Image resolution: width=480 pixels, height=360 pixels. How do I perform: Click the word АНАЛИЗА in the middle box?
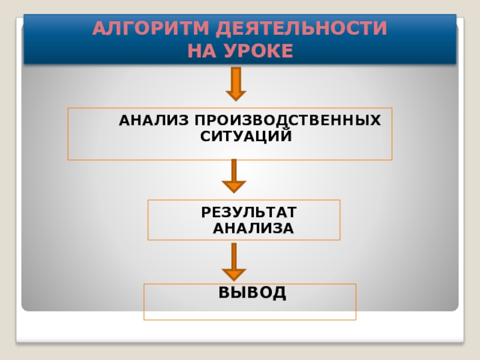pos(253,228)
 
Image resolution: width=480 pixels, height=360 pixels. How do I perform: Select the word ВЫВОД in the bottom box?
pos(252,293)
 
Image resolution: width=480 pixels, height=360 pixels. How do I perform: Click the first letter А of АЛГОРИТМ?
pos(99,29)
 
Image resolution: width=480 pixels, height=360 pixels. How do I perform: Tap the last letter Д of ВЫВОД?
pos(279,293)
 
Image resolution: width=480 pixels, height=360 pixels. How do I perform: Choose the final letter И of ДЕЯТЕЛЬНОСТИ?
pos(380,29)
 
